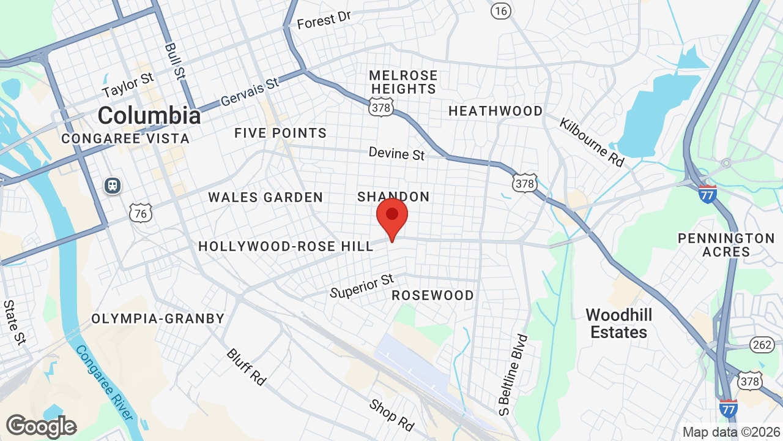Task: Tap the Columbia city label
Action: (149, 115)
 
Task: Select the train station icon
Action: (113, 185)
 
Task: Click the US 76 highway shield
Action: (141, 213)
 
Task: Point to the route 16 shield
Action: (501, 10)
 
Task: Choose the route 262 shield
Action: (762, 345)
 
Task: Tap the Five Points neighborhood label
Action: (281, 133)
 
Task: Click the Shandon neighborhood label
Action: (393, 197)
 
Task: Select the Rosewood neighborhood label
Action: (432, 295)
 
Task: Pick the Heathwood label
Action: (495, 111)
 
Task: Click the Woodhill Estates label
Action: (619, 323)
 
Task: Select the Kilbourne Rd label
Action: (592, 141)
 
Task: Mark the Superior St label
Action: (362, 286)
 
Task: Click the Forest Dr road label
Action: (324, 20)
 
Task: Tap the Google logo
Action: (41, 426)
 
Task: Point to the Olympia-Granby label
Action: (158, 318)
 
